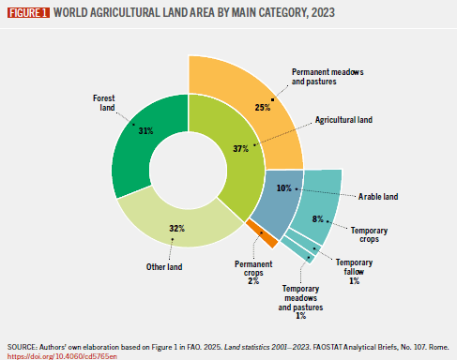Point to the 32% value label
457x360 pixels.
tap(175, 229)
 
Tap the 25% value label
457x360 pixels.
tap(262, 108)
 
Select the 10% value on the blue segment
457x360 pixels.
tap(283, 187)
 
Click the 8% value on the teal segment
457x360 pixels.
tap(318, 218)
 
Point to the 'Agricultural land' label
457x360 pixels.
tap(343, 121)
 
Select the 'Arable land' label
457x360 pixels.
tap(380, 197)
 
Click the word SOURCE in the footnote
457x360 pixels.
tap(23, 345)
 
